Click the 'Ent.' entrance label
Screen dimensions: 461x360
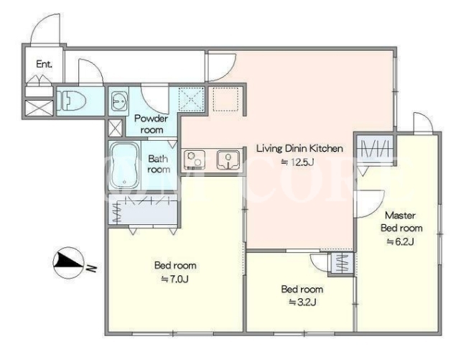point(44,64)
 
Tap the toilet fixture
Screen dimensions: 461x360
point(71,101)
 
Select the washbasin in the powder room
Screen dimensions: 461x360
point(119,101)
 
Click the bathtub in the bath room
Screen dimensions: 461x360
point(125,166)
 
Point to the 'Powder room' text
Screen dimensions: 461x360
point(151,124)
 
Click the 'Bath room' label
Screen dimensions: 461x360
point(159,164)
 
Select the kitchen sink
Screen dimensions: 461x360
point(228,160)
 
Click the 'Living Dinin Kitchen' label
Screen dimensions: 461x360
point(300,148)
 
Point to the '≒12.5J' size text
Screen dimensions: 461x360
point(297,162)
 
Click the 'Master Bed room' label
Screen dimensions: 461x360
point(401,221)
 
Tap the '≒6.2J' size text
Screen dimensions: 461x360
point(401,241)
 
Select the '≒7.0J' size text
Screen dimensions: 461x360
point(175,279)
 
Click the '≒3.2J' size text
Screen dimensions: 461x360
point(302,302)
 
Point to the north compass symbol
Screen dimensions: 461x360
point(68,263)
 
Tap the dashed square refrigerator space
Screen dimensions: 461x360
point(225,99)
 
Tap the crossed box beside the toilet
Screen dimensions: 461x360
point(39,108)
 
